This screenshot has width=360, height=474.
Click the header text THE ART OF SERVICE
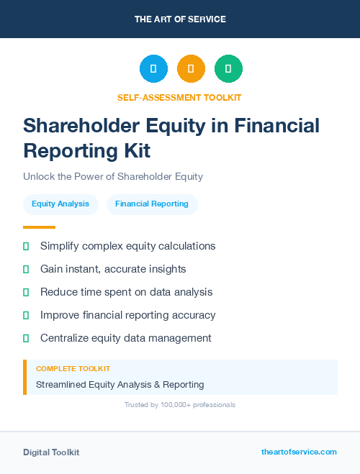tap(180, 19)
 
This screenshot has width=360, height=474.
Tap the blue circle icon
tap(153, 69)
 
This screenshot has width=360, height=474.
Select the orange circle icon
tap(191, 69)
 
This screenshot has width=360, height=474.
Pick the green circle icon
tap(228, 69)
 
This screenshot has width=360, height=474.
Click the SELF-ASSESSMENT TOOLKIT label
tap(179, 97)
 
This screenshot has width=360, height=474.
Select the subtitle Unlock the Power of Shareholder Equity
tap(113, 176)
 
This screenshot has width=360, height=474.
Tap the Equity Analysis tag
tap(60, 204)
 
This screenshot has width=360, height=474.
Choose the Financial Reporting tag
tap(152, 204)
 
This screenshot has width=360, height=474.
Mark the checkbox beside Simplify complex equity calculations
tap(26, 246)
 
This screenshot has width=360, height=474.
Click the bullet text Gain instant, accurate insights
tap(113, 269)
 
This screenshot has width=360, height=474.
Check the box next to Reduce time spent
tap(26, 292)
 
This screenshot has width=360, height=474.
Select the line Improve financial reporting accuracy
tap(127, 315)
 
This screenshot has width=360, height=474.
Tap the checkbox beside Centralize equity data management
tap(26, 338)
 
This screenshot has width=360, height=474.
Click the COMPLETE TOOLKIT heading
tap(73, 368)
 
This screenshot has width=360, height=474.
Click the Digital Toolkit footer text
tap(51, 452)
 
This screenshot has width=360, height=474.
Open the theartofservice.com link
tap(299, 452)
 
